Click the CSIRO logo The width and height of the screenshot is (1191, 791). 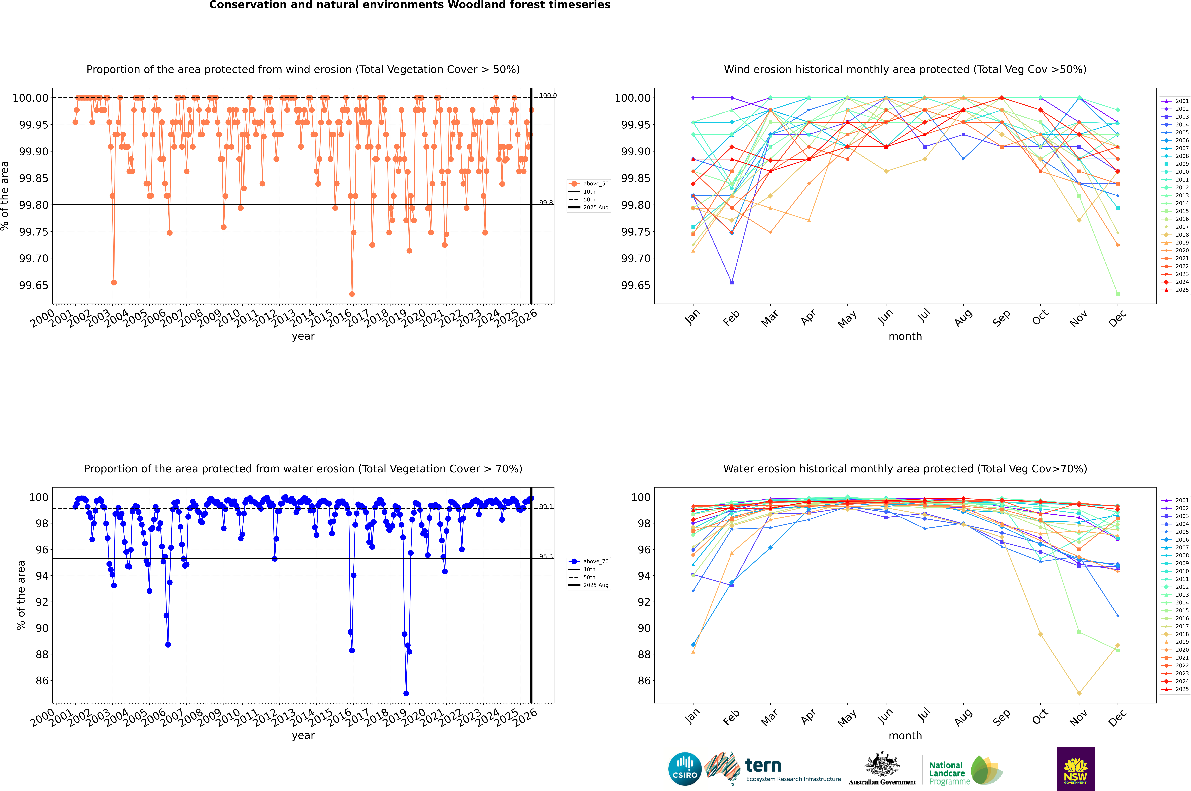pos(685,769)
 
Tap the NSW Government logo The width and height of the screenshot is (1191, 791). pos(1075,769)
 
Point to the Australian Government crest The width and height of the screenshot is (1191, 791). pos(882,767)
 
